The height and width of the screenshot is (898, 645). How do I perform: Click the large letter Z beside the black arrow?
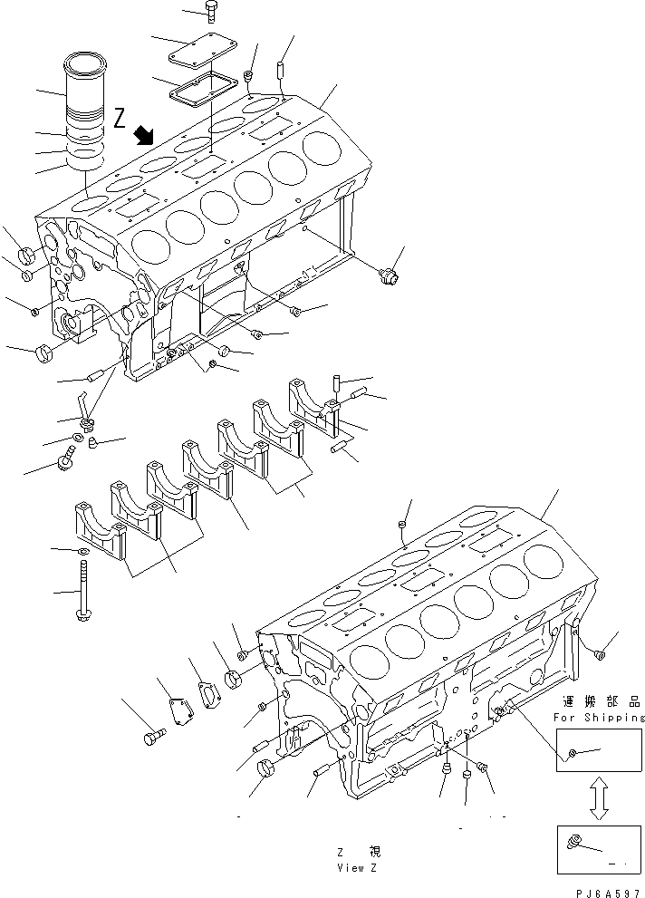click(120, 118)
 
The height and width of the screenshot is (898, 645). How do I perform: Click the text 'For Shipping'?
click(599, 717)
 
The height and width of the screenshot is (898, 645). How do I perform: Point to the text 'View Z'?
click(357, 868)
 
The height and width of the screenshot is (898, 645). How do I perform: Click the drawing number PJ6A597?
click(608, 893)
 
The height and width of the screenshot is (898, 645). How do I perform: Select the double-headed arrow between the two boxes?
click(599, 798)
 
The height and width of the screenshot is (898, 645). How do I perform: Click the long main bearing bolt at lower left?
click(82, 591)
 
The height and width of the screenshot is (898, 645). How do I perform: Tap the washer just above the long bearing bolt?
click(82, 552)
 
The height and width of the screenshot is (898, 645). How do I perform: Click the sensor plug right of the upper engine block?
click(389, 275)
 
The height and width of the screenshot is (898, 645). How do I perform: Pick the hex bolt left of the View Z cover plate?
click(154, 737)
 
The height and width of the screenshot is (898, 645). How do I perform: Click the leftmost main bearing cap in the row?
click(100, 531)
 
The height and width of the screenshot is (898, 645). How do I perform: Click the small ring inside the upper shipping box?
click(573, 751)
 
